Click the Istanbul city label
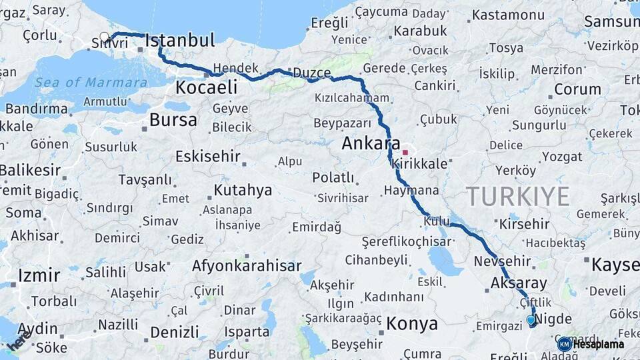click(x=180, y=41)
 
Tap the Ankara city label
click(x=370, y=143)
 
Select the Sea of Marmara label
click(x=91, y=83)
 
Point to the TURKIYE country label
click(x=517, y=197)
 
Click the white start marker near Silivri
click(x=104, y=37)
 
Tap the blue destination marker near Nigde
click(x=531, y=321)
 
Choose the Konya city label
click(x=412, y=325)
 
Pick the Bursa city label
click(x=173, y=121)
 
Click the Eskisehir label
click(x=207, y=157)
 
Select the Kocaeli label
click(x=206, y=87)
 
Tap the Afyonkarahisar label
click(x=247, y=266)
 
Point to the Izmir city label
click(x=39, y=275)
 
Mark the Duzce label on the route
click(x=311, y=73)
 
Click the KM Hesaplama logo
click(x=591, y=344)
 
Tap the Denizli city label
click(x=174, y=332)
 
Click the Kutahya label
click(x=243, y=191)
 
